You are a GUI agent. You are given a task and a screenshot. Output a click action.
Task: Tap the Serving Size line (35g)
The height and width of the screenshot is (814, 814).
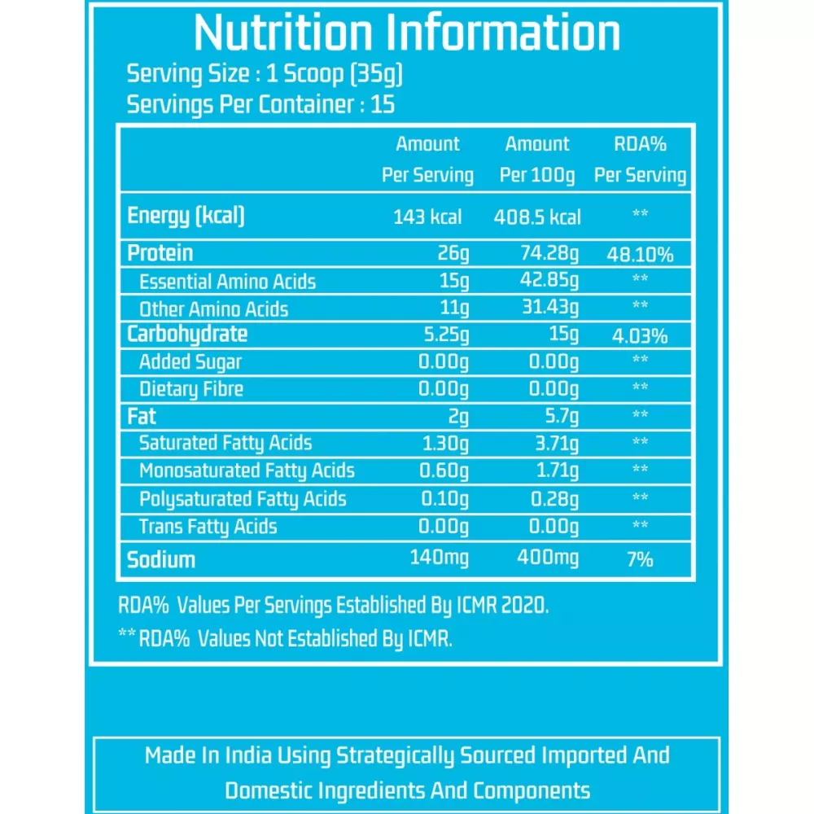[265, 74]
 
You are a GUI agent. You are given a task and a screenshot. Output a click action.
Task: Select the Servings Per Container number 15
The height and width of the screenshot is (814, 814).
[383, 105]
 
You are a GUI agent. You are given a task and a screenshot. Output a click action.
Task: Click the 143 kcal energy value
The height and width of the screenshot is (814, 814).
[427, 217]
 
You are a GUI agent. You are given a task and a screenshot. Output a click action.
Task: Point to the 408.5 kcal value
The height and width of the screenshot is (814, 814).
[537, 217]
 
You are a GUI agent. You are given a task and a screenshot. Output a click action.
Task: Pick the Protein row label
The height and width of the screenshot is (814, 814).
[160, 253]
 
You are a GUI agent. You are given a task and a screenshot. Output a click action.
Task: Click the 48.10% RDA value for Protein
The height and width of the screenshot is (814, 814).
[640, 255]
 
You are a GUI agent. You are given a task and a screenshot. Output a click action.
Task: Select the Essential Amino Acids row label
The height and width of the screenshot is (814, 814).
[227, 282]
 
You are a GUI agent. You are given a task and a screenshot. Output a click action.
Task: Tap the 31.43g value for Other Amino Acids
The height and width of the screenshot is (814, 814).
[550, 309]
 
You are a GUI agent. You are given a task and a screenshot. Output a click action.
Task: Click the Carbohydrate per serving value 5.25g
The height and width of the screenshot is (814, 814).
[443, 335]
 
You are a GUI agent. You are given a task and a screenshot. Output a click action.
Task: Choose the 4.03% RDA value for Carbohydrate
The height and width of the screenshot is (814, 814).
[640, 335]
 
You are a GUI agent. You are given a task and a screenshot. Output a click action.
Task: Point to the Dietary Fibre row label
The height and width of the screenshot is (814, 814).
[191, 389]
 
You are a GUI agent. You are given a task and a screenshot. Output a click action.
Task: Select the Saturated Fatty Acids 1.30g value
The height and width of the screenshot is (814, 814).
[443, 444]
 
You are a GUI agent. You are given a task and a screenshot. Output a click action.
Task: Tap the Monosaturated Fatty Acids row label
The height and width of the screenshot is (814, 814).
[247, 470]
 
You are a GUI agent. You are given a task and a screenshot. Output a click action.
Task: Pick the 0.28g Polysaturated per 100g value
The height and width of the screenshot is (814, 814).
[554, 498]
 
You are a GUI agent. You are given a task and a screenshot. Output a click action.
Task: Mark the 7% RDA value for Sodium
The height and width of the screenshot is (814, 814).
[640, 559]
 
